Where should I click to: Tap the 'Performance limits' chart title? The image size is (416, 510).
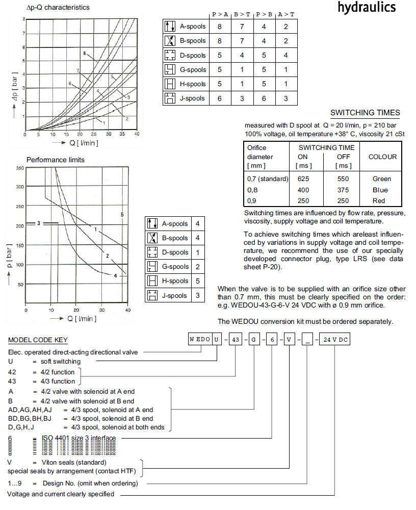tap(56, 160)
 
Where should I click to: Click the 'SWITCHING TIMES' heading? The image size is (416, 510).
tap(365, 113)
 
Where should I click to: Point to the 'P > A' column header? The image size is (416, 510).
tap(220, 14)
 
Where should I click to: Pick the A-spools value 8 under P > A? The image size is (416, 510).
tap(220, 27)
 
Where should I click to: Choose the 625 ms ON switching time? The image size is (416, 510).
tap(304, 178)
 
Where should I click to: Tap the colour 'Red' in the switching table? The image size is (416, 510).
tap(379, 200)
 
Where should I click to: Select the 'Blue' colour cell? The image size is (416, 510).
tap(380, 190)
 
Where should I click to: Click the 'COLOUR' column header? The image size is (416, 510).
tap(382, 157)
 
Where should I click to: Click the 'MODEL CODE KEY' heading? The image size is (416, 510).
tap(38, 340)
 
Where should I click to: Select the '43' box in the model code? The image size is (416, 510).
tap(235, 340)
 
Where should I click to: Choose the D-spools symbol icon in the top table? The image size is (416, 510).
tap(170, 55)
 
